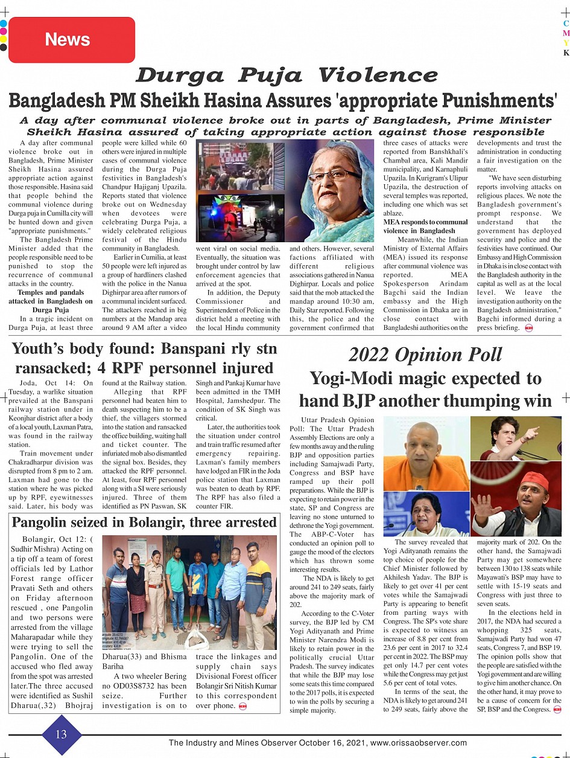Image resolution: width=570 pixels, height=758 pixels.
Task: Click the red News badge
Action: tap(67, 40)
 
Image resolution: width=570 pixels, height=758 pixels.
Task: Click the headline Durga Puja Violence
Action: tap(286, 75)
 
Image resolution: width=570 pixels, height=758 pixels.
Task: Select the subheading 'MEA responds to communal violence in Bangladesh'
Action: tap(425, 226)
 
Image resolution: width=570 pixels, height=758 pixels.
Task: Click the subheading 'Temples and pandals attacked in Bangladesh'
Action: tap(51, 297)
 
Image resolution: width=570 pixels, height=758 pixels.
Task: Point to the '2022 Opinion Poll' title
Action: tap(425, 355)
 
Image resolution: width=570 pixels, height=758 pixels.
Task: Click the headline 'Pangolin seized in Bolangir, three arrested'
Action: tap(144, 522)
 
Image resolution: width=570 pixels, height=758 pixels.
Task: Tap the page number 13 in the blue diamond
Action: tap(62, 734)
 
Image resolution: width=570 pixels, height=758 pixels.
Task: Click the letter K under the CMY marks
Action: tap(566, 53)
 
